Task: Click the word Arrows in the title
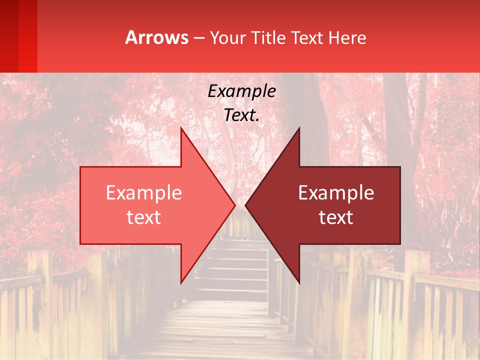click(156, 37)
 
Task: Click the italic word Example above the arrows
click(241, 91)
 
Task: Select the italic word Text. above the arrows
click(241, 115)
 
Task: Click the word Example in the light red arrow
click(144, 192)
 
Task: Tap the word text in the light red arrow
click(144, 217)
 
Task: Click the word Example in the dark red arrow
click(336, 192)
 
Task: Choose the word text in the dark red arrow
click(336, 217)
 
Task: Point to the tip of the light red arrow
click(234, 205)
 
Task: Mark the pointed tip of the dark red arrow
click(246, 205)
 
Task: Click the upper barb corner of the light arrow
click(181, 128)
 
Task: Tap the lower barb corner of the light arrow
click(181, 282)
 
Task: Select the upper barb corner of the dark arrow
click(299, 128)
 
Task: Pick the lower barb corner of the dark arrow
click(299, 282)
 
